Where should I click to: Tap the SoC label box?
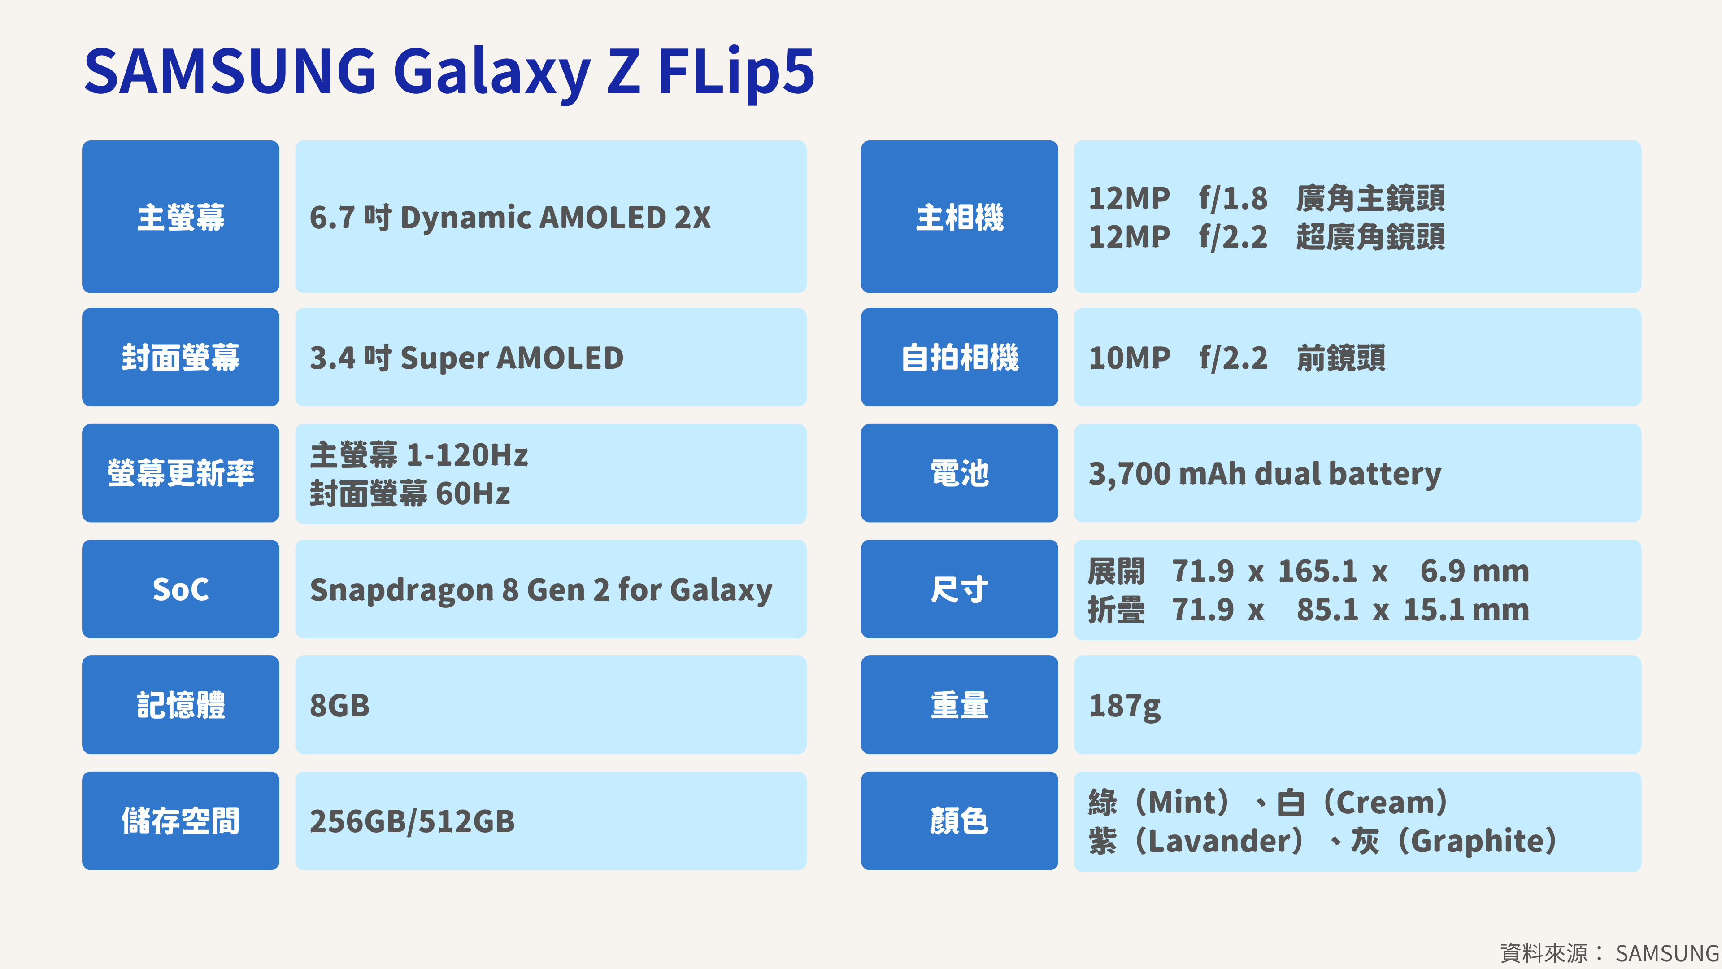(x=180, y=589)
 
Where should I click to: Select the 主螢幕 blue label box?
(x=180, y=217)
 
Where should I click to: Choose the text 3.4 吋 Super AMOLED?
(x=466, y=358)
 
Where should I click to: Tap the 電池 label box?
(x=959, y=473)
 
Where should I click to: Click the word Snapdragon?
(x=402, y=590)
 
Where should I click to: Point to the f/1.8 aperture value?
(x=1233, y=198)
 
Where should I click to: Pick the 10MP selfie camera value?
(x=1130, y=358)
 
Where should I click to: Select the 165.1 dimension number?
(x=1317, y=571)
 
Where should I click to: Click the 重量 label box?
(x=959, y=705)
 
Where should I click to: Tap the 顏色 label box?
(x=959, y=821)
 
